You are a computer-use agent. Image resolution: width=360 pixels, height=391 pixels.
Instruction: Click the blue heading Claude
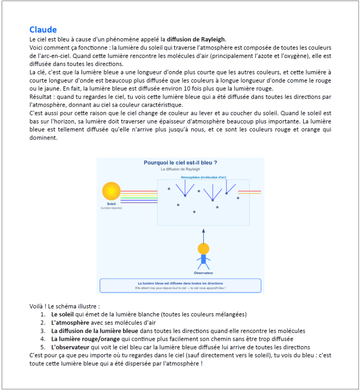43,30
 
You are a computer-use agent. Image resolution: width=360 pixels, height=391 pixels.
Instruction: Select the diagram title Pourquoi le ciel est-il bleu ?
180,162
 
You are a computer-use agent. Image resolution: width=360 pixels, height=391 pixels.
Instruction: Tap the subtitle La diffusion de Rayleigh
180,170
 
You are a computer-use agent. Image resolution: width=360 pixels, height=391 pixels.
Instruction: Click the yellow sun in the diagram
111,191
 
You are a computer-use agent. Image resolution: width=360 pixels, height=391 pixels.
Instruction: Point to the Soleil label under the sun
111,204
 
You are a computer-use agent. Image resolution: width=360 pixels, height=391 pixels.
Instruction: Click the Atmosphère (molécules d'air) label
203,177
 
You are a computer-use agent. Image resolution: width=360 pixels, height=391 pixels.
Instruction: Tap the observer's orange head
203,248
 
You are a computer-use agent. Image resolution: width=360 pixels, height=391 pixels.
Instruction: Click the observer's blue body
203,259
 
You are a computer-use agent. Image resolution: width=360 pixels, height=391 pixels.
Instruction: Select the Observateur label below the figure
203,272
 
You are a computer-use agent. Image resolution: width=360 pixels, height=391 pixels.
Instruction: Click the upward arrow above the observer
203,235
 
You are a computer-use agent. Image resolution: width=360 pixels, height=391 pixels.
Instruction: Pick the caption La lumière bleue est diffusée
180,283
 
